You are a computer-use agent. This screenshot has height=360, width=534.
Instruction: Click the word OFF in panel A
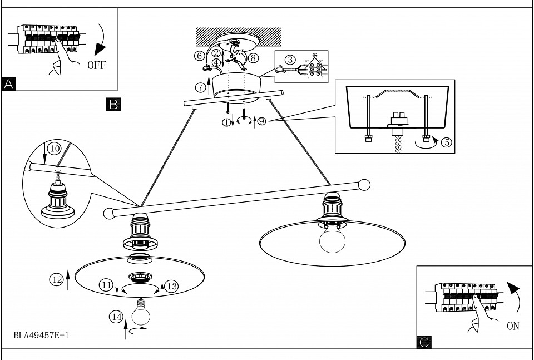pos(96,65)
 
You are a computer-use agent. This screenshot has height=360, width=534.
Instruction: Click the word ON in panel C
pos(513,326)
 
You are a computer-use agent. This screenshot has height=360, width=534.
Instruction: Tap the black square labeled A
pos(9,84)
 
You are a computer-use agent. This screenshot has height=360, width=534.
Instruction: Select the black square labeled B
pos(113,103)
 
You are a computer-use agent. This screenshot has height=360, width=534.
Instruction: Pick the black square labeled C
pos(424,342)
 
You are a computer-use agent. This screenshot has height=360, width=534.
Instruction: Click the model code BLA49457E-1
pos(42,336)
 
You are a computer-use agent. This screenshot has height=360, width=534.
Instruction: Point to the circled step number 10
pos(54,149)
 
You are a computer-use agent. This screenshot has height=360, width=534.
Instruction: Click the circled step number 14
pos(116,317)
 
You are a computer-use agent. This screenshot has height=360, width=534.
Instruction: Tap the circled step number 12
pos(56,280)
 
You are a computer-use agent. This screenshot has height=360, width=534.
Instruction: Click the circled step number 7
pos(201,87)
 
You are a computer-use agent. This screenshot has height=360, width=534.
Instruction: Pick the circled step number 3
pos(289,60)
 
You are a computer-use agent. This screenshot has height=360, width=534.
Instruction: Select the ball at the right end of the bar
pos(364,184)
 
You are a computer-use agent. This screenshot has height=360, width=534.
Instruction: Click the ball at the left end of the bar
pos(109,213)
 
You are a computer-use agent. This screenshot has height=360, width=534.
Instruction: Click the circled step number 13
pos(171,285)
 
